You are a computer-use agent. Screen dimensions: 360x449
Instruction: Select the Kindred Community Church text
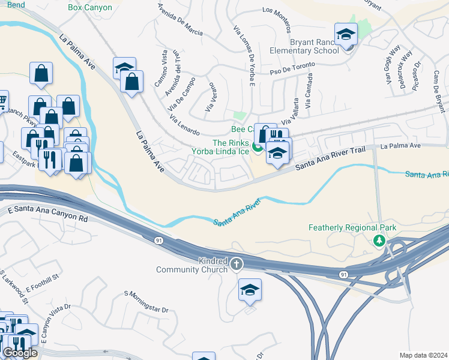(191, 265)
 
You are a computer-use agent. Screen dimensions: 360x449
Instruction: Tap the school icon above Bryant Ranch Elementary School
(346, 34)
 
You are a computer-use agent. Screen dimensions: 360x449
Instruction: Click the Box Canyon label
(91, 7)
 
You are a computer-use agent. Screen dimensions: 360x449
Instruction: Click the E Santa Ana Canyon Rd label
(48, 216)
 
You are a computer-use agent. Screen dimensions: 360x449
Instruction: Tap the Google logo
(20, 353)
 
